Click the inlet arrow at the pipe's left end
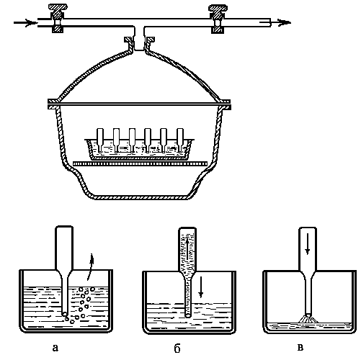25,23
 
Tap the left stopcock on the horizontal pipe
58,18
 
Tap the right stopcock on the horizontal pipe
218,19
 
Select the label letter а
55,348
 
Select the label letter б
177,348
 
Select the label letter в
300,348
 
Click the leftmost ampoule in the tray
100,140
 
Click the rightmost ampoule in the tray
180,140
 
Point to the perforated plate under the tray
140,163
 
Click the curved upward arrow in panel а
90,266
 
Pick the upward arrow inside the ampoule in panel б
187,248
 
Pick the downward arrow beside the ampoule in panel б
201,287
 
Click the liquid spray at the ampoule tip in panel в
308,319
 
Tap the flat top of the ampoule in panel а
64,226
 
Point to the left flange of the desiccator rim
53,104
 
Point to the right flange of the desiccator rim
224,104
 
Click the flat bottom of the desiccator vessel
141,197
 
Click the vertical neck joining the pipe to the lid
139,38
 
